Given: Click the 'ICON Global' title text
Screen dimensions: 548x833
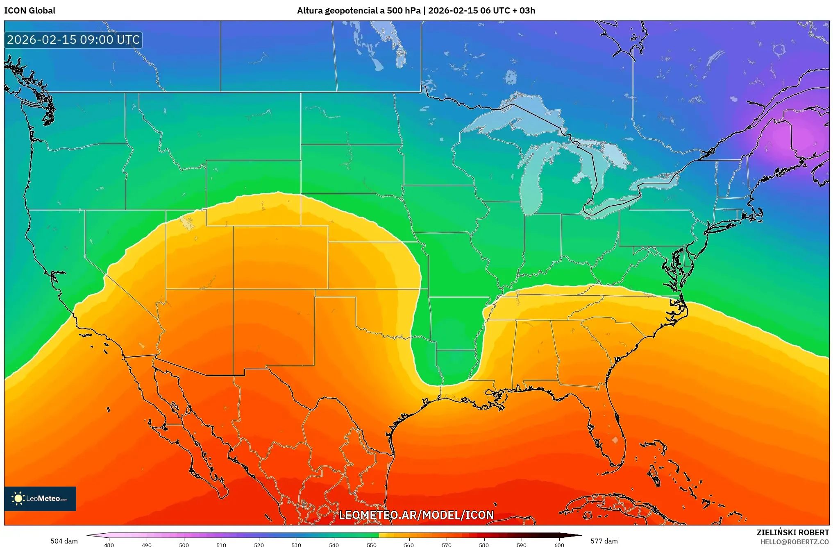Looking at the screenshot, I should point(30,11).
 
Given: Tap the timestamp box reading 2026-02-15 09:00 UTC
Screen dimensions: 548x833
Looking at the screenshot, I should point(73,40).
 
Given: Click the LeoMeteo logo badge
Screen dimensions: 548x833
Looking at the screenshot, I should point(40,498).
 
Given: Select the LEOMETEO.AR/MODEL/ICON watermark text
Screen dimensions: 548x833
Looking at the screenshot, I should point(416,515).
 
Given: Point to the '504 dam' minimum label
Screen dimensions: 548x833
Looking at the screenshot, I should point(64,541).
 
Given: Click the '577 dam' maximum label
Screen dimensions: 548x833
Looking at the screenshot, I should point(604,541).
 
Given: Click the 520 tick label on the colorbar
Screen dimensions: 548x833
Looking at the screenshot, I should point(259,545).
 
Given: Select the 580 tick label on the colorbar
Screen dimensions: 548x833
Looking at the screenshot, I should point(484,545).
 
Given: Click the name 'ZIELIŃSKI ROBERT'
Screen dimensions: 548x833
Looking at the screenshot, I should point(792,532).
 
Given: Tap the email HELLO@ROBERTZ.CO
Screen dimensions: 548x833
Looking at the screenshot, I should point(794,542).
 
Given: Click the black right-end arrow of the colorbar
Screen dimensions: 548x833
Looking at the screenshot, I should point(576,535).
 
